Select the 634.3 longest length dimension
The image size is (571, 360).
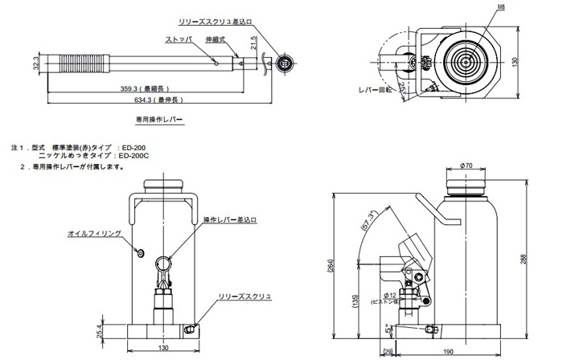click(155, 100)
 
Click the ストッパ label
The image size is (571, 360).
click(179, 39)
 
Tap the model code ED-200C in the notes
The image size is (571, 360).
click(134, 156)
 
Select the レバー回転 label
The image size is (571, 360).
click(374, 90)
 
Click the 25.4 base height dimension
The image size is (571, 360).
click(98, 330)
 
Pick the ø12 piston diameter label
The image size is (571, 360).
click(380, 296)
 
